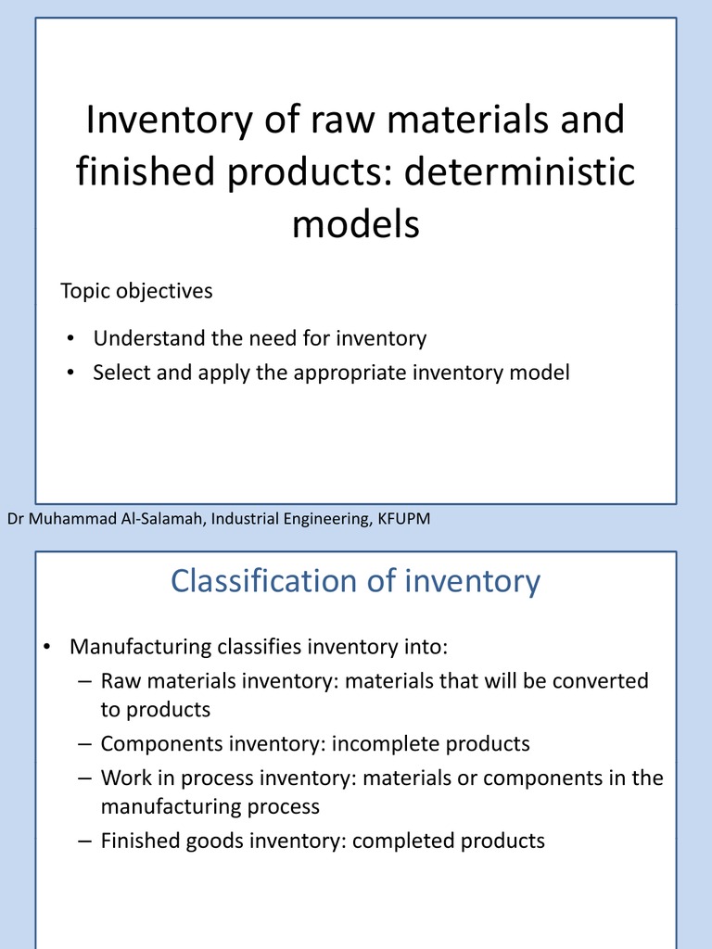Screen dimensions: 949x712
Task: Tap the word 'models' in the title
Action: pyautogui.click(x=356, y=224)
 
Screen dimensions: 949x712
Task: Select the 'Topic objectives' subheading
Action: pyautogui.click(x=136, y=291)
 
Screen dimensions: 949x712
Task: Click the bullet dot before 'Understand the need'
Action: pyautogui.click(x=70, y=339)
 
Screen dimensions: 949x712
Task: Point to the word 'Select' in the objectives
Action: pyautogui.click(x=122, y=373)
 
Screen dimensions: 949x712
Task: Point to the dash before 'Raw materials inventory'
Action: pyautogui.click(x=84, y=681)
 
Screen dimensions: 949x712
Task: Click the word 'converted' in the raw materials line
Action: pyautogui.click(x=600, y=681)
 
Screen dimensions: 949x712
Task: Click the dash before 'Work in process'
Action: pyautogui.click(x=84, y=778)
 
